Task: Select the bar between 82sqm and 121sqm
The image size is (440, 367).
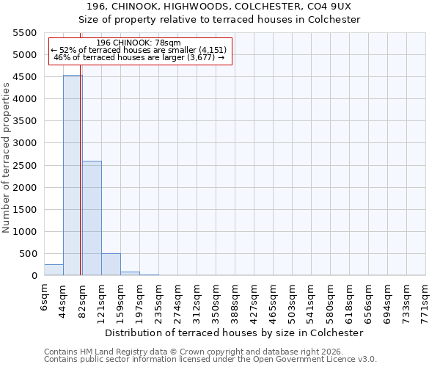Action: point(92,218)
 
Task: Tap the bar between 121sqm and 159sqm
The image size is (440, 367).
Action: point(111,264)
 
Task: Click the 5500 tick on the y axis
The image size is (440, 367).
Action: point(25,33)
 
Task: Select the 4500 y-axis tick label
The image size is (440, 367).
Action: point(25,77)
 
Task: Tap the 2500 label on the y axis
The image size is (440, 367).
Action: point(25,165)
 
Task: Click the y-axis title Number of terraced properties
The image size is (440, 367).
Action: point(7,158)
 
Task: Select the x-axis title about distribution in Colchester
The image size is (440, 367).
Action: point(234,333)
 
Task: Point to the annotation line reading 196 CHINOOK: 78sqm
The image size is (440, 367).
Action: point(139,43)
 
